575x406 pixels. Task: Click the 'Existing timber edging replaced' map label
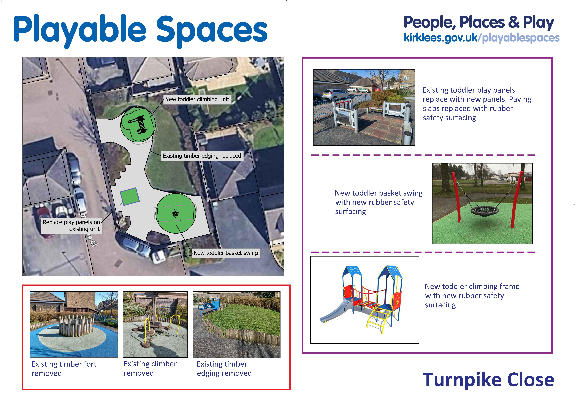point(202,156)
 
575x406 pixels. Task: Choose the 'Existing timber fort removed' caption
point(64,369)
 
